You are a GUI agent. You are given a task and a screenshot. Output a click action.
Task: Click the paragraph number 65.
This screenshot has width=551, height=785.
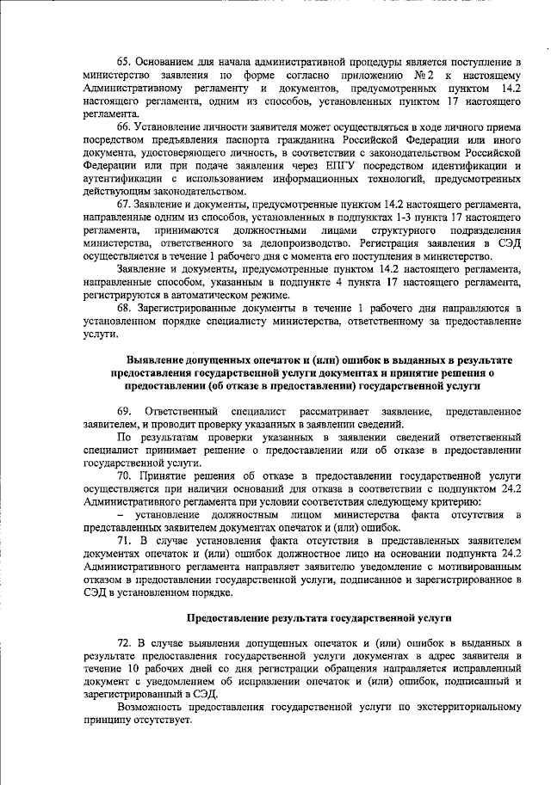[124, 63]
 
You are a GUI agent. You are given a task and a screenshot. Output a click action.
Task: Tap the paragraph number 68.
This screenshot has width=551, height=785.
[124, 308]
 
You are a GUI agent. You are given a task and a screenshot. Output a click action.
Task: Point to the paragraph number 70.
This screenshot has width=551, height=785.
[124, 475]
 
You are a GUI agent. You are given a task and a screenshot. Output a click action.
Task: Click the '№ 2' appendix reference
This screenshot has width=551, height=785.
[410, 76]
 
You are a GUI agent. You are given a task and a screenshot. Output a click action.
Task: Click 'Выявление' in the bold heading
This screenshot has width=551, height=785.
[156, 359]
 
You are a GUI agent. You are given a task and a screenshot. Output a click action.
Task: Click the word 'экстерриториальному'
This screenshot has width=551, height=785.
[465, 707]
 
